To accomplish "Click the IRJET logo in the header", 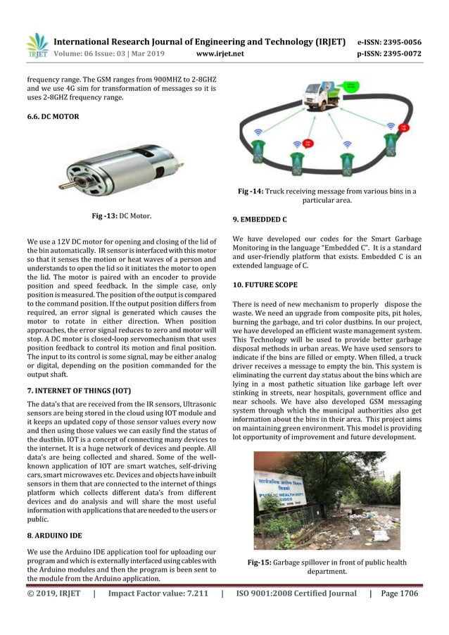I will point(37,44).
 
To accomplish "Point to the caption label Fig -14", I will point(251,191).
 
